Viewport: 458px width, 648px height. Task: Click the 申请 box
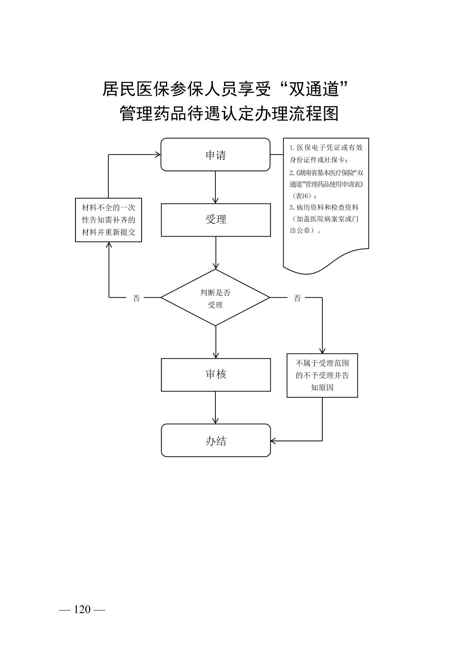pyautogui.click(x=215, y=154)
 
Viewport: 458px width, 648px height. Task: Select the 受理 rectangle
pyautogui.click(x=215, y=220)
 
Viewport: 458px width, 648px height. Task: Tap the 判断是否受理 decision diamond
pyautogui.click(x=215, y=298)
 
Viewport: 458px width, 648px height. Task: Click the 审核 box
pyautogui.click(x=215, y=375)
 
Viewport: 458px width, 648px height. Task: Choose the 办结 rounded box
pyautogui.click(x=215, y=440)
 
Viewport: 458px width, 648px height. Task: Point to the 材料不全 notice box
pyautogui.click(x=108, y=220)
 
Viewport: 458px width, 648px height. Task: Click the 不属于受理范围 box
pyautogui.click(x=322, y=375)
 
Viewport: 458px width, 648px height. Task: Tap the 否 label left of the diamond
pyautogui.click(x=136, y=298)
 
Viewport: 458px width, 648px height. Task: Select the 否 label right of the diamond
pyautogui.click(x=297, y=298)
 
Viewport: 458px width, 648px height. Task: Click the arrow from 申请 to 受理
pyautogui.click(x=215, y=187)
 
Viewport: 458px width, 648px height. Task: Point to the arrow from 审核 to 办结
pyautogui.click(x=215, y=408)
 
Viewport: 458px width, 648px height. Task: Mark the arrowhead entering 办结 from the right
pyautogui.click(x=274, y=441)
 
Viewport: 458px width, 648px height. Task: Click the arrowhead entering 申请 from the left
pyautogui.click(x=157, y=154)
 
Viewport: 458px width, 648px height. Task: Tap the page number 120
pyautogui.click(x=82, y=610)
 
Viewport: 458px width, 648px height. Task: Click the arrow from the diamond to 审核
pyautogui.click(x=215, y=342)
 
